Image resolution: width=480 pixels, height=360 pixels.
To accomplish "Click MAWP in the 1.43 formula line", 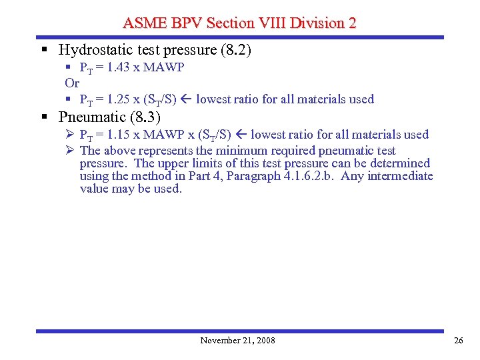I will [163, 67].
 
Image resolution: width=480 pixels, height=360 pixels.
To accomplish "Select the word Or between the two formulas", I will [72, 83].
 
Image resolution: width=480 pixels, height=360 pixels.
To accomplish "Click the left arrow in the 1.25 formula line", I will [186, 99].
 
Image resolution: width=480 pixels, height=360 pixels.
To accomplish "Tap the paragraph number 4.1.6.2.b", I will [305, 176].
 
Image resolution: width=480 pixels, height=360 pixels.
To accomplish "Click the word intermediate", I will [400, 176].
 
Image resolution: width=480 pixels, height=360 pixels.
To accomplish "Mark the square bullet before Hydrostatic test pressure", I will [44, 50].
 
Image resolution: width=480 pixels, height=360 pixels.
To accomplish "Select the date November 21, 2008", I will [237, 341].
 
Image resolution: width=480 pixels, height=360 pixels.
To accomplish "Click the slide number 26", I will [458, 341].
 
